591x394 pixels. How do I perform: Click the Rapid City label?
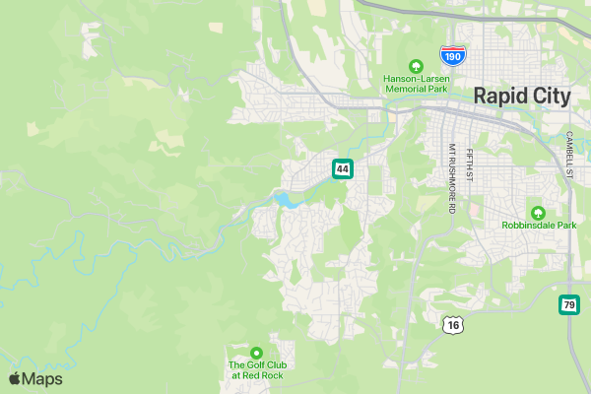point(522,96)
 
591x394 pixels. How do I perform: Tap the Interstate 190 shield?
point(453,56)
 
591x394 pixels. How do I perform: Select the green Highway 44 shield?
point(342,169)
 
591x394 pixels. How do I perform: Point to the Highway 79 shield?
point(569,305)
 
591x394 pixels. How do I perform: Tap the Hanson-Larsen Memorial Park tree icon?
point(416,66)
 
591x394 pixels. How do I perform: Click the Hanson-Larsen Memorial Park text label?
point(416,84)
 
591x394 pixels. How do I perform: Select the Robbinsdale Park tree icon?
point(538,213)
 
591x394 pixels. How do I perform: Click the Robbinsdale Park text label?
point(539,226)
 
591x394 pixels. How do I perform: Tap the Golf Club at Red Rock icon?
point(256,353)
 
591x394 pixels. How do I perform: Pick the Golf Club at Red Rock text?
point(256,370)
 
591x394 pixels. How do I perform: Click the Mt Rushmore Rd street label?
point(452,179)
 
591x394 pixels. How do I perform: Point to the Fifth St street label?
point(471,164)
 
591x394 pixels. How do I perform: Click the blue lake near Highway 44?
point(285,200)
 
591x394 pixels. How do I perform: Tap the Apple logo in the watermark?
point(15,379)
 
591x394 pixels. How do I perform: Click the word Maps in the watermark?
point(42,379)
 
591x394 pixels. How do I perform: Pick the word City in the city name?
point(549,96)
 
